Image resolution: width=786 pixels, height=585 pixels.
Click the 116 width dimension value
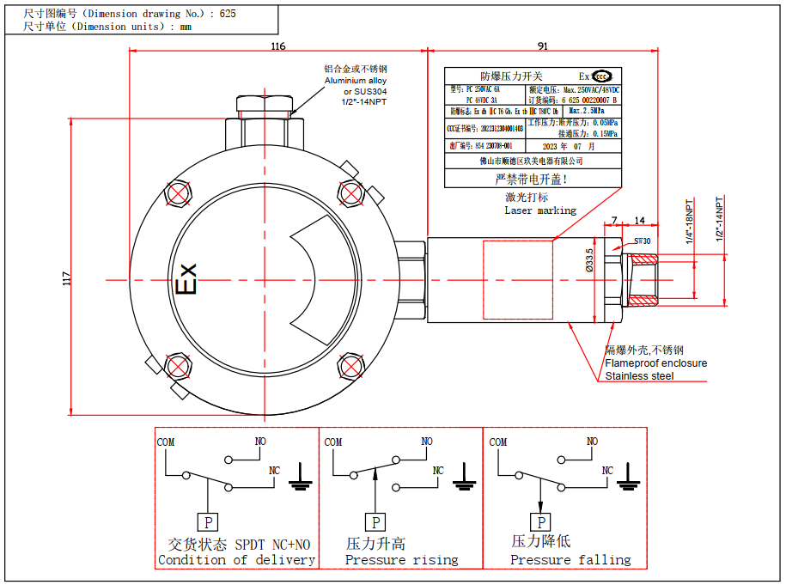pyautogui.click(x=277, y=46)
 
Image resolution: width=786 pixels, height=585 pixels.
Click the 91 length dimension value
pyautogui.click(x=543, y=46)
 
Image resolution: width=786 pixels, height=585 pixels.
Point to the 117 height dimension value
pyautogui.click(x=68, y=278)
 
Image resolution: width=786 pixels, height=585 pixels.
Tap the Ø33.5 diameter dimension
pyautogui.click(x=589, y=259)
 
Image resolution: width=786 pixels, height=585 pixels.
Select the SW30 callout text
pyautogui.click(x=642, y=241)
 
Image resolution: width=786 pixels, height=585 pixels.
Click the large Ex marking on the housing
pyautogui.click(x=186, y=278)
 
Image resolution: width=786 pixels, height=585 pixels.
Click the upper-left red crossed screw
pyautogui.click(x=178, y=192)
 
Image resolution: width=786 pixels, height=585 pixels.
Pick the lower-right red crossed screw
pyautogui.click(x=350, y=367)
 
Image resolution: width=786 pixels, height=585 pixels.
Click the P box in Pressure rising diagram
pyautogui.click(x=375, y=521)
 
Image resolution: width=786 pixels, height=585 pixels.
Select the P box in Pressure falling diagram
pyautogui.click(x=540, y=521)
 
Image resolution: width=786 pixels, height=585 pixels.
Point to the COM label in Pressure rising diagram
pyautogui.click(x=333, y=442)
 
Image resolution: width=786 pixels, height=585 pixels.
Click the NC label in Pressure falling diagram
pyautogui.click(x=607, y=471)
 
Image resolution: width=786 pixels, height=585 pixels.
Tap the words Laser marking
pyautogui.click(x=540, y=210)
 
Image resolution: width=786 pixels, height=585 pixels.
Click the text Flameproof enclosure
pyautogui.click(x=655, y=363)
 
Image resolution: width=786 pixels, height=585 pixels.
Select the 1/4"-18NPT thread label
pyautogui.click(x=689, y=222)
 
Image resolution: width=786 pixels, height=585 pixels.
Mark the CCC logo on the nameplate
pyautogui.click(x=603, y=76)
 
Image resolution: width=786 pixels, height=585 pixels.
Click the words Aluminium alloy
pyautogui.click(x=355, y=80)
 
